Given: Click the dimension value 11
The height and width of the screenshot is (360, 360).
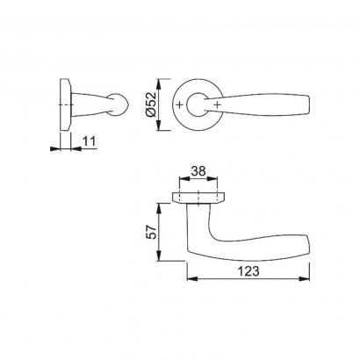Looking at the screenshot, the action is (90, 141).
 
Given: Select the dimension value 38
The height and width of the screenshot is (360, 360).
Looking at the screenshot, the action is (198, 171).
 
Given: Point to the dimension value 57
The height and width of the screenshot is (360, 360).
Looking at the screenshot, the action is (152, 232).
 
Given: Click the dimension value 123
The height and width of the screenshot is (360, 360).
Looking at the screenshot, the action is (248, 271).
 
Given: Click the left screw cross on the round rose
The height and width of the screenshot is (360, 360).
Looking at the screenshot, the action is (180, 104).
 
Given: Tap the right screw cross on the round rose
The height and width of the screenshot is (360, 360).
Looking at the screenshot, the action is (217, 104).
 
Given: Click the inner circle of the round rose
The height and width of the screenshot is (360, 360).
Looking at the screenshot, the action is (187, 104).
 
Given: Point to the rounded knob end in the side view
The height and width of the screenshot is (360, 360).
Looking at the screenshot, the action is (119, 104).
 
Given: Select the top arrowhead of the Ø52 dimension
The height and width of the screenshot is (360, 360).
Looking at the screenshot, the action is (158, 84).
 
